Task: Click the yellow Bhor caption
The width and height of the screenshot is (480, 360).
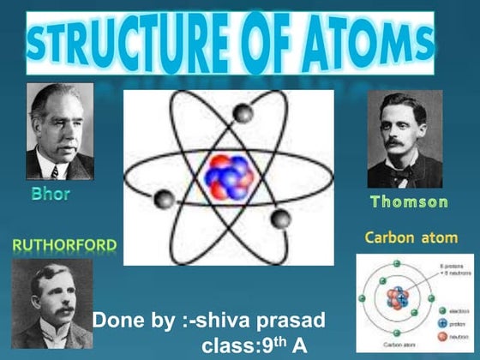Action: [x=51, y=194]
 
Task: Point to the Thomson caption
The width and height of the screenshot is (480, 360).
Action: [x=409, y=202]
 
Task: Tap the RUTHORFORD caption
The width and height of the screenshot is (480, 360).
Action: [x=64, y=246]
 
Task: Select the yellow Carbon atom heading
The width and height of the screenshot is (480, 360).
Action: [x=411, y=237]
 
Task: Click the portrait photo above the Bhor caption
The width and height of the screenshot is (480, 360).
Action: [x=59, y=131]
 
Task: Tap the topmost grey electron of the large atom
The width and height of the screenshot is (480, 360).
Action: [x=244, y=112]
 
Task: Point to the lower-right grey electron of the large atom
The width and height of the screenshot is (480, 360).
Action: [x=280, y=219]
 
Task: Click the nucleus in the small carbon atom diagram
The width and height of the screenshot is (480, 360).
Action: [x=396, y=298]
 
